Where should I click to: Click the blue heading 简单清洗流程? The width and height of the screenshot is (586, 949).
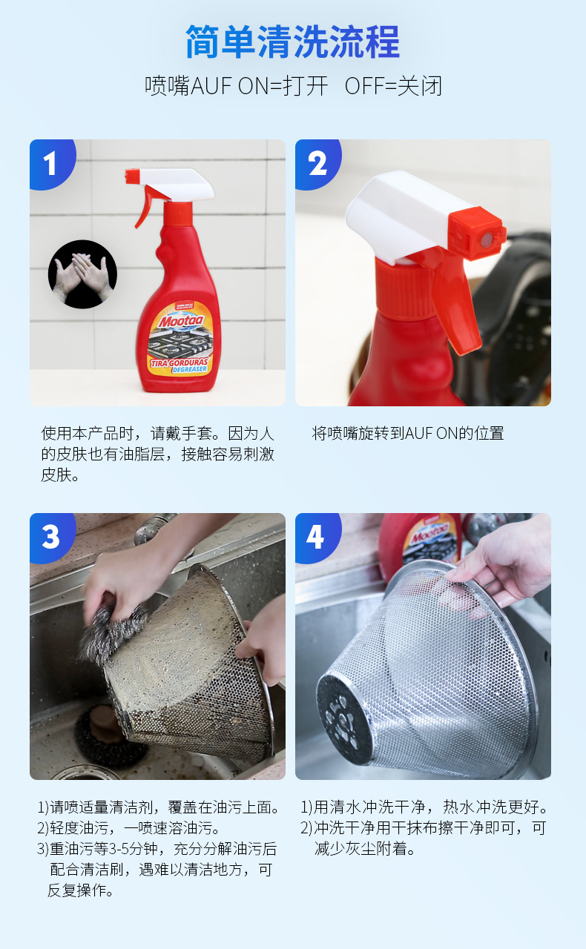point(292,42)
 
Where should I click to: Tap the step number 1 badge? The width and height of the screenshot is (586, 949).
point(50,162)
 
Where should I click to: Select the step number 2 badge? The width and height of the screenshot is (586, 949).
point(317,162)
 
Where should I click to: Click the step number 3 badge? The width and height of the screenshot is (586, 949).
point(50,536)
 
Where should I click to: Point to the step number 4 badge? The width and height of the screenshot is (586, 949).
point(316,536)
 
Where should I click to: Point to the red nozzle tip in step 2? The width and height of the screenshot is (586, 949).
point(478,231)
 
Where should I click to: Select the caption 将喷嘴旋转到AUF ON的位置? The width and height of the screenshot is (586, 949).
point(408,434)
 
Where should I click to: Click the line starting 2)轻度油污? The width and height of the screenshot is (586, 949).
point(129,827)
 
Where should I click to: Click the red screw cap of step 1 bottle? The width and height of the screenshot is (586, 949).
point(178,214)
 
